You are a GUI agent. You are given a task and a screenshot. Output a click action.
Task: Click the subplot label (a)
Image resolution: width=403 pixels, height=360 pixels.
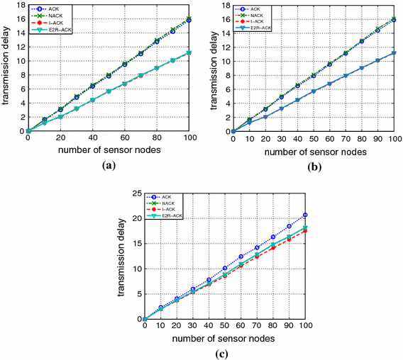pyautogui.click(x=108, y=164)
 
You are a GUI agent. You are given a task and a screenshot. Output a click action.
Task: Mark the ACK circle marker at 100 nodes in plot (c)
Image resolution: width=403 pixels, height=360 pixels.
pyautogui.click(x=305, y=215)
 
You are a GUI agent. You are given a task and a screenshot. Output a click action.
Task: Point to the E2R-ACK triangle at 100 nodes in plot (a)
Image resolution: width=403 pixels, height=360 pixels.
pyautogui.click(x=189, y=52)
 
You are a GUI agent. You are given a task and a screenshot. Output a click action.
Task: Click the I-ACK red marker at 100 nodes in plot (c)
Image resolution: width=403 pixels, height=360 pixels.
pyautogui.click(x=305, y=231)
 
